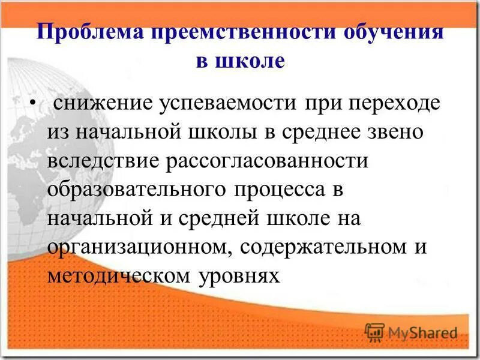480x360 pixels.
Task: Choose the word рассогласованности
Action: coord(268,162)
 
